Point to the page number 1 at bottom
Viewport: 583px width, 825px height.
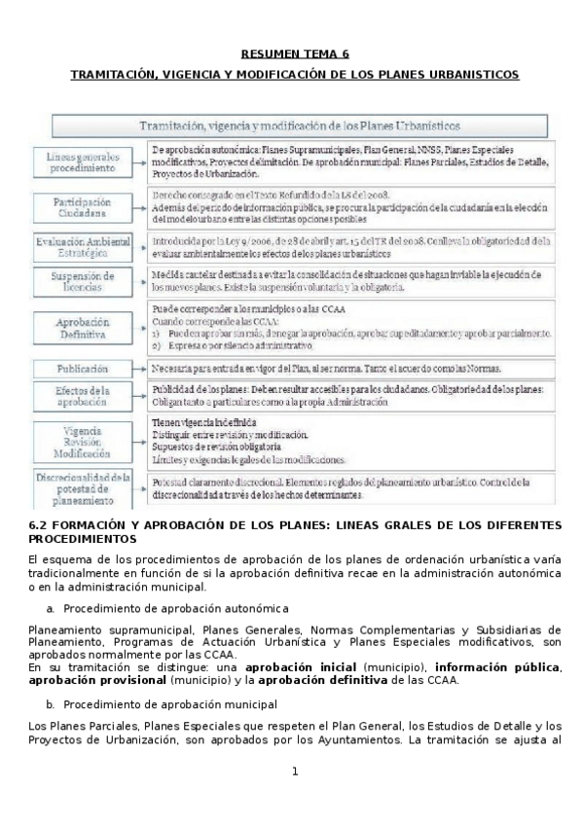click(294, 771)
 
